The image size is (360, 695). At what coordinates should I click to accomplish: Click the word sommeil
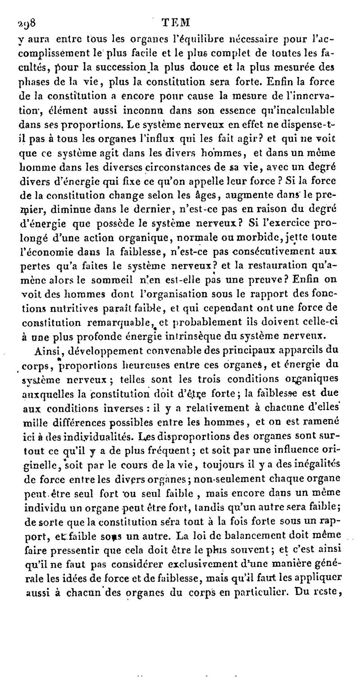[112, 279]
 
